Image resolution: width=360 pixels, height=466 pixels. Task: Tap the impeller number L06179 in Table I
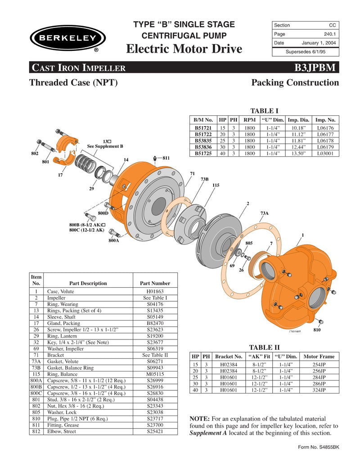point(325,147)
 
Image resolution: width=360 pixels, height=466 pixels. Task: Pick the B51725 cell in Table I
point(203,153)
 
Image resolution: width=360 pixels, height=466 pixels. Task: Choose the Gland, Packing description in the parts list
point(64,323)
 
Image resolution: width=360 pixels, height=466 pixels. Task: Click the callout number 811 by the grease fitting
point(166,158)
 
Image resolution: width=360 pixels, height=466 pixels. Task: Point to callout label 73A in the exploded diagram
point(265,213)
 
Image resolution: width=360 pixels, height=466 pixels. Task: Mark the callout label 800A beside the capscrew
point(113,241)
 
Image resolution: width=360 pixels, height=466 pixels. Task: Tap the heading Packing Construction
point(295,83)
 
